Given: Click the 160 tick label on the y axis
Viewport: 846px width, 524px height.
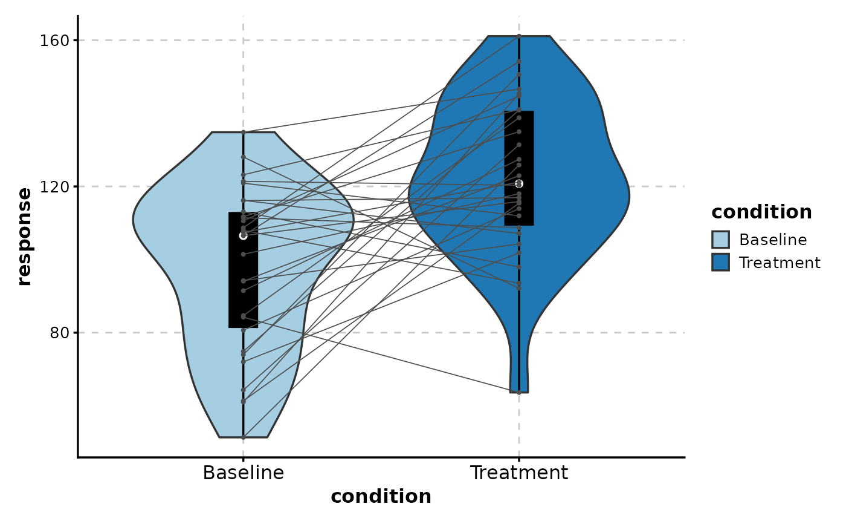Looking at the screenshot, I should coord(53,41).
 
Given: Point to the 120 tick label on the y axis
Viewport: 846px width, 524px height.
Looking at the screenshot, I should coord(53,186).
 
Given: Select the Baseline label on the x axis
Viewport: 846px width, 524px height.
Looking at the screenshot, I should coord(243,473).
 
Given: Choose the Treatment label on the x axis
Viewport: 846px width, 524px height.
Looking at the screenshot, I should coord(519,473).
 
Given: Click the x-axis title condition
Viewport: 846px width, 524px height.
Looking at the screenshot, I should coord(381,497).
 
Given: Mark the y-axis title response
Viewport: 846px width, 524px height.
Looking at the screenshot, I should coord(24,237).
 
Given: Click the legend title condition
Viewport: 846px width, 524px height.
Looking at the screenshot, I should coord(761,212).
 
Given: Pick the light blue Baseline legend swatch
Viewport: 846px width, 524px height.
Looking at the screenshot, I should coord(720,240).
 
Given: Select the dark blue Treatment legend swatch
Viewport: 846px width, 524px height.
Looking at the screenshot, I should coord(720,263).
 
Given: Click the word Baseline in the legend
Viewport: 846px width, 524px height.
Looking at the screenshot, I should coord(773,240).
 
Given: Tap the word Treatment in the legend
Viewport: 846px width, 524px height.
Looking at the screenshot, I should coord(780,263).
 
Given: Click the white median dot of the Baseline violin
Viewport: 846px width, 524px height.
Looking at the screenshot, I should coord(243,235).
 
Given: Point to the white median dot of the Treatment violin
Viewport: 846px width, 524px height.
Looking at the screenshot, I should coord(519,183).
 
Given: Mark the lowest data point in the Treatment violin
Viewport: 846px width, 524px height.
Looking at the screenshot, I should coord(519,393).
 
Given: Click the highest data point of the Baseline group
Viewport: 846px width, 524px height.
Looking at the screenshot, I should coord(243,132).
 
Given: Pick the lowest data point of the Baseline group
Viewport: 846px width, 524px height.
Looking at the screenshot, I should coord(243,437).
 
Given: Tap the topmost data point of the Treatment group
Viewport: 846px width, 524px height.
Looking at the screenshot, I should coord(519,36).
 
